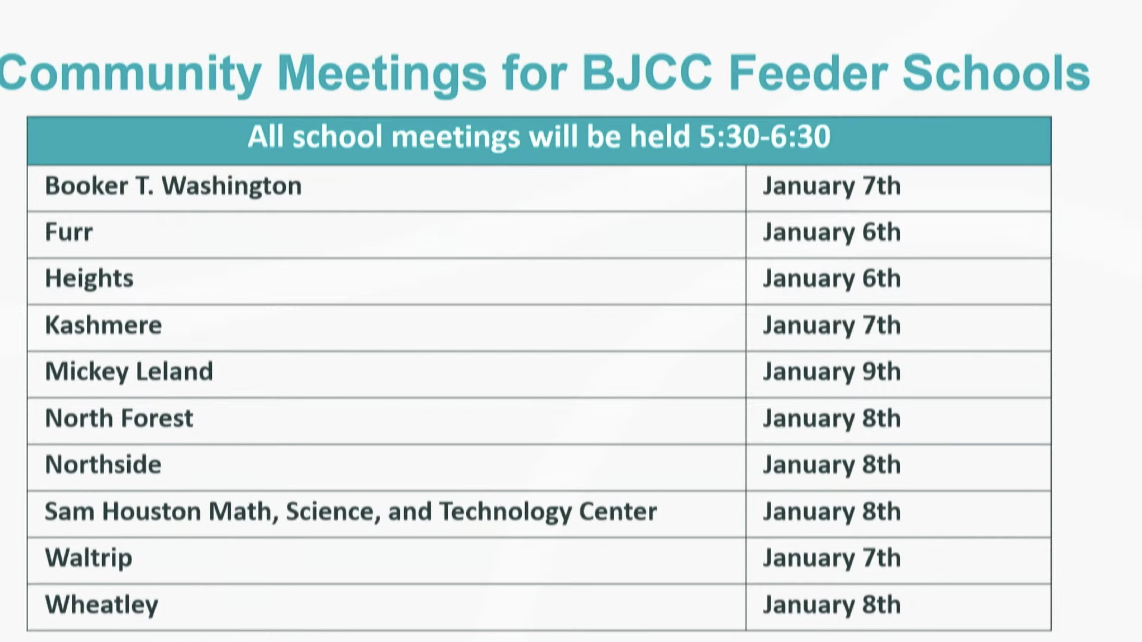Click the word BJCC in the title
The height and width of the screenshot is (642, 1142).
coord(647,73)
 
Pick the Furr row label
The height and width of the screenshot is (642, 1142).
coord(69,232)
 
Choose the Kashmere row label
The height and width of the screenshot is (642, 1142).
coord(103,325)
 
